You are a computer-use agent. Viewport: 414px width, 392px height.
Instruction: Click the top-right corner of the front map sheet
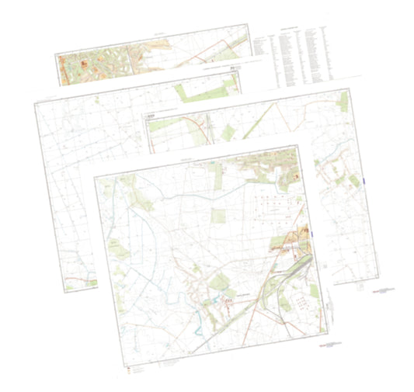pyautogui.click(x=300, y=147)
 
